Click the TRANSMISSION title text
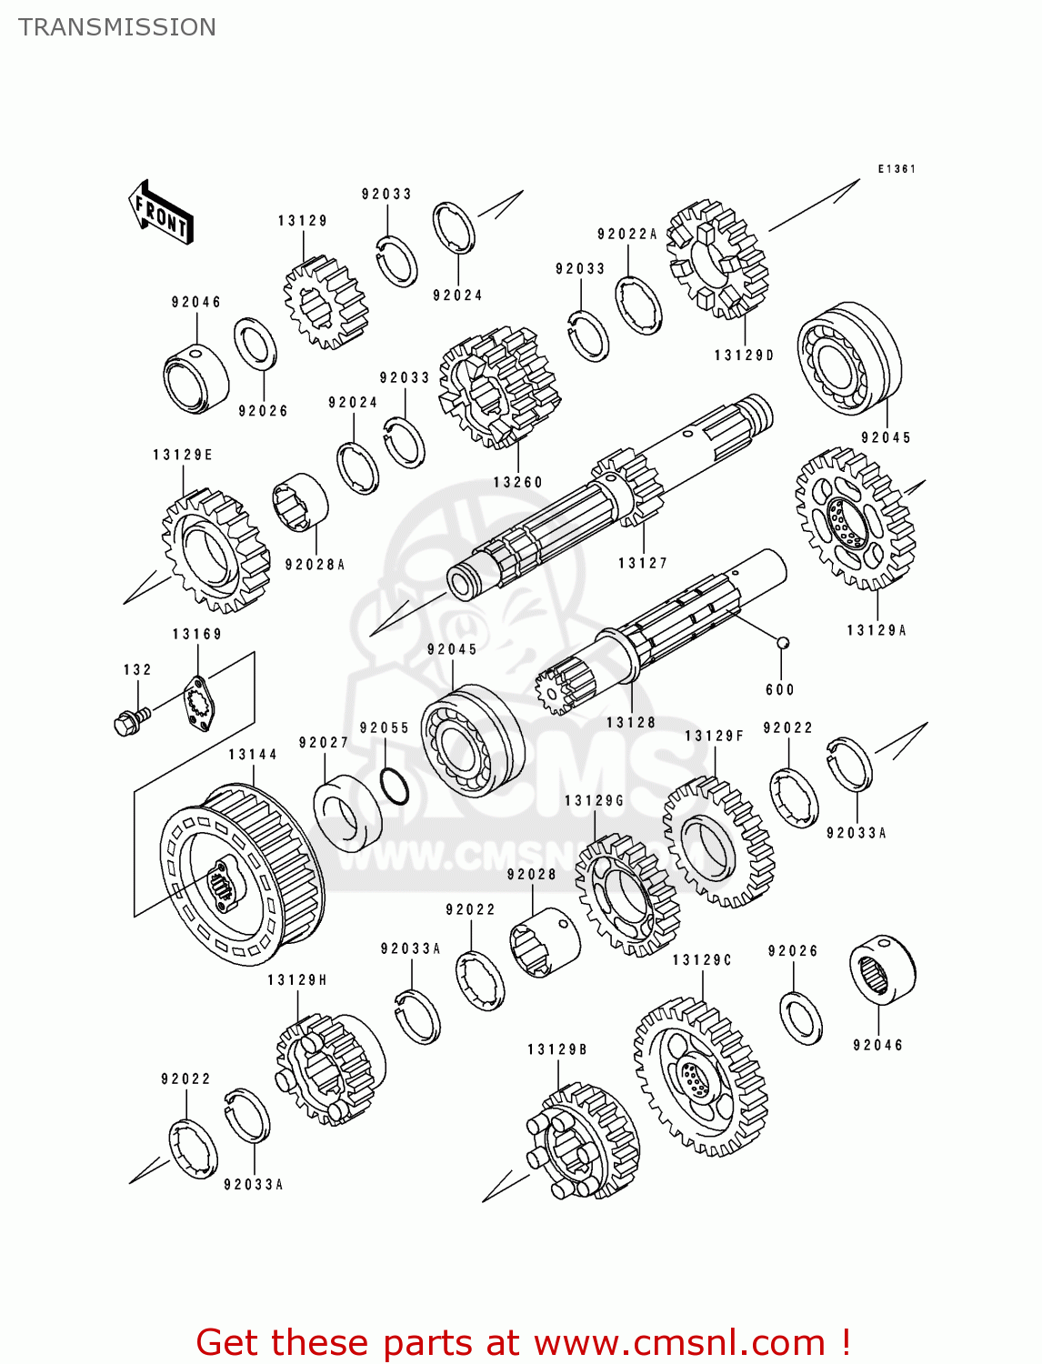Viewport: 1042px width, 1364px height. tap(117, 27)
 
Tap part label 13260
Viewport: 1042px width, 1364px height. tap(517, 483)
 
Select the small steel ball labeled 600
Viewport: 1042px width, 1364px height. tap(782, 643)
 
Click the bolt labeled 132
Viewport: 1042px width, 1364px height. tap(127, 722)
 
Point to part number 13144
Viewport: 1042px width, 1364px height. tap(253, 755)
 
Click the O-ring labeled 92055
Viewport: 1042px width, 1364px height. tap(394, 786)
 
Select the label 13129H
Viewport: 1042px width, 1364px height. tap(297, 980)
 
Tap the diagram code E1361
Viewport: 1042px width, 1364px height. tap(897, 169)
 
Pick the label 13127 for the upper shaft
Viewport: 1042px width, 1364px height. tap(643, 564)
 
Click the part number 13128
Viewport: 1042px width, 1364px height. tap(631, 723)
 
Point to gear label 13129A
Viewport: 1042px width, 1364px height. tap(877, 630)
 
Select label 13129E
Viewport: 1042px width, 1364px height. tap(183, 456)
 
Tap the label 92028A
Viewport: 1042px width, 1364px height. tap(315, 565)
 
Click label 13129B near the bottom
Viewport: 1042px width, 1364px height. tap(557, 1050)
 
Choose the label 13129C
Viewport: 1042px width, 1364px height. tap(702, 960)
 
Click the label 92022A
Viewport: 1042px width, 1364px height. tap(627, 235)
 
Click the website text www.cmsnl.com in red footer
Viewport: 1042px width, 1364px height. tap(678, 1342)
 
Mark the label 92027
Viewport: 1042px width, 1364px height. tap(324, 743)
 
